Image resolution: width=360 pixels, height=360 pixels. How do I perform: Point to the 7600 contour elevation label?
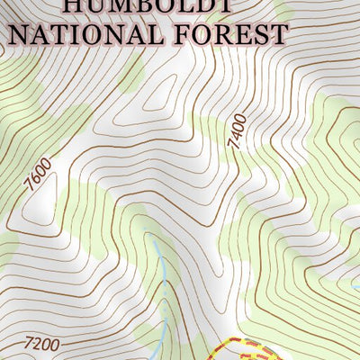point(37,174)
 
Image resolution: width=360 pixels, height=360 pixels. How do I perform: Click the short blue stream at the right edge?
point(354,288)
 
